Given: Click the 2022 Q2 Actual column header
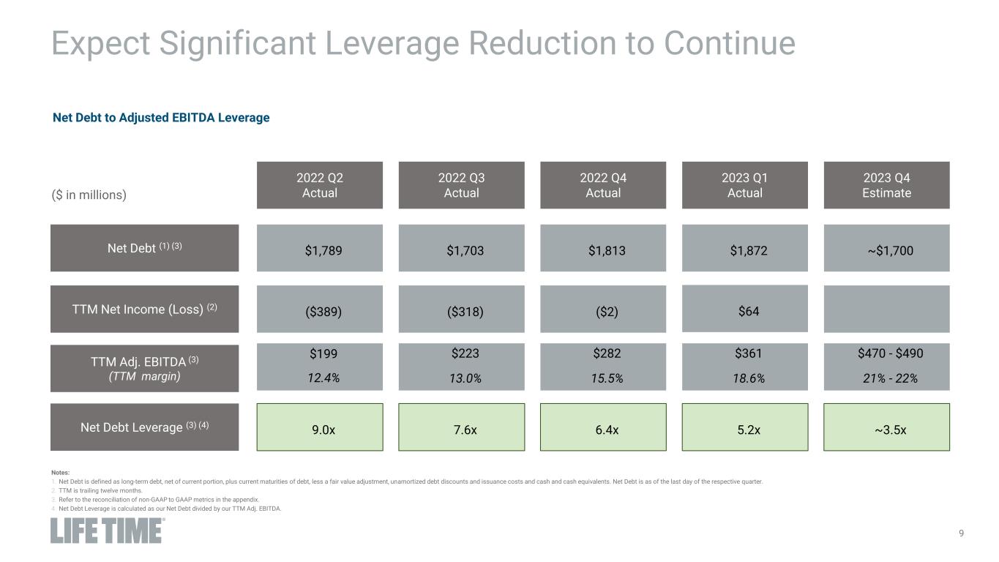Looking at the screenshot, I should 320,185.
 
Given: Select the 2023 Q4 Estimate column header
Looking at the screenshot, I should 886,185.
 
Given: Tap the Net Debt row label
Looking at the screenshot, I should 144,248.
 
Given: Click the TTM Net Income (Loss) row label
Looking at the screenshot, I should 144,309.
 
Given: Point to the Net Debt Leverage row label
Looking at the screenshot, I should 144,427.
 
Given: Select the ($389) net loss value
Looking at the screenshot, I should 320,310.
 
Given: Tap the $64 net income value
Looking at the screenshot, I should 744,310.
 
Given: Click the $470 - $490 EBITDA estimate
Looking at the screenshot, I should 886,353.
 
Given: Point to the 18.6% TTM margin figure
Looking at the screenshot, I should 744,379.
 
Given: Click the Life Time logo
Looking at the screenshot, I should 108,531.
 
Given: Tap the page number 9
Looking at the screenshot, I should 961,533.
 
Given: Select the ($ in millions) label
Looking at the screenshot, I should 89,195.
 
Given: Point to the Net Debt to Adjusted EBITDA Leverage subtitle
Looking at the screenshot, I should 161,117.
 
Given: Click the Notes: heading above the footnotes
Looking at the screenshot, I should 59,473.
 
